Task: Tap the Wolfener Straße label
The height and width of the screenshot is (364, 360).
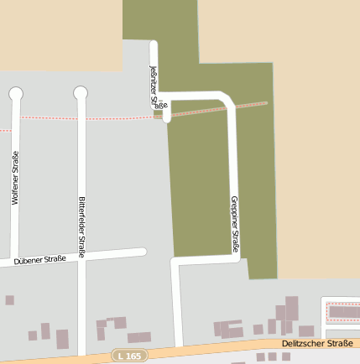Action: [x=16, y=178]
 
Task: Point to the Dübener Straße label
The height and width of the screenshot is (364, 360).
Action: [x=39, y=261]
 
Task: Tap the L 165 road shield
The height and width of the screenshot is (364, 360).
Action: [x=128, y=356]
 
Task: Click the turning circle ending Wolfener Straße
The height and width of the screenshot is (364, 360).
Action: [x=16, y=92]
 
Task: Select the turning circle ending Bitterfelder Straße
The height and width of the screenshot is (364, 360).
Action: [x=81, y=92]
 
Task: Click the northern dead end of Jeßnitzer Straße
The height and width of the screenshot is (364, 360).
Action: [x=154, y=44]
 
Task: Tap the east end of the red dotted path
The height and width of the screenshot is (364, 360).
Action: [x=266, y=103]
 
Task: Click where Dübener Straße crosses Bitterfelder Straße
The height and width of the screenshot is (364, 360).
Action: [x=81, y=256]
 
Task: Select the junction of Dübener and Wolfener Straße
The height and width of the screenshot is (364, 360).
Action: [x=15, y=258]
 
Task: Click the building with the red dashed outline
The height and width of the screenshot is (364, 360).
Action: [x=342, y=312]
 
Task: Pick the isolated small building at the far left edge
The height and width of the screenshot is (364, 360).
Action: [x=9, y=299]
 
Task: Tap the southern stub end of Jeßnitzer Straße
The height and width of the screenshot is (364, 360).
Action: [x=167, y=119]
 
